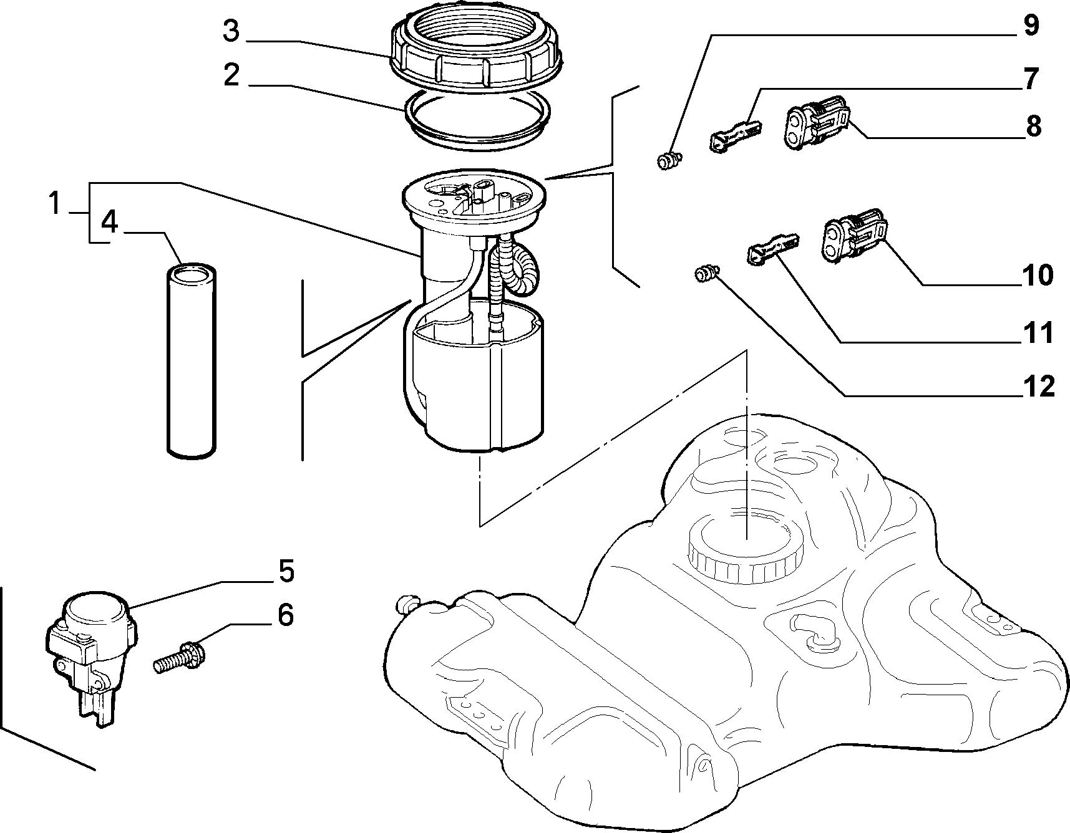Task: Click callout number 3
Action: point(231,31)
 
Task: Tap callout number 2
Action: point(231,76)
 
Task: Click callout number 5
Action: point(286,572)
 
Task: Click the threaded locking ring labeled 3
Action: point(475,48)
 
